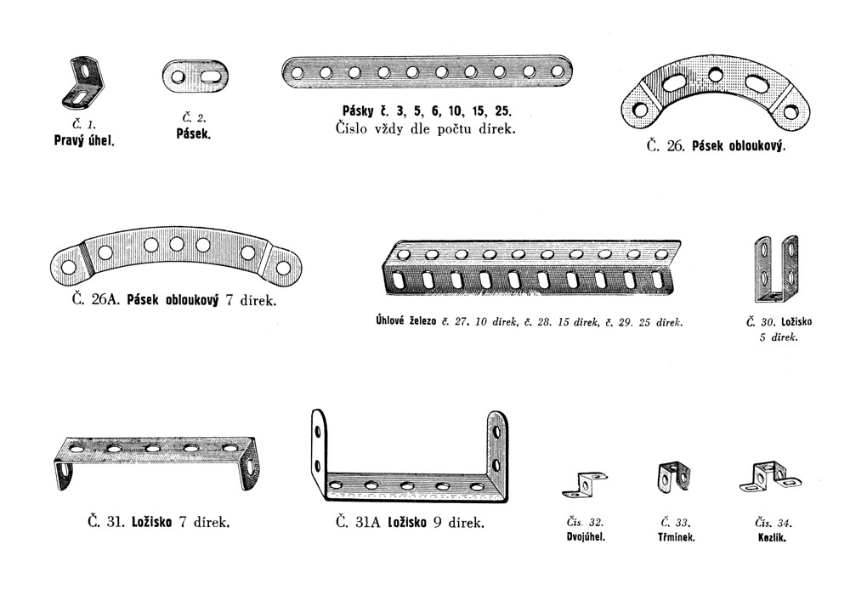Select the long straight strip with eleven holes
[x=426, y=72]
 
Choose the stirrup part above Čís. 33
[x=672, y=476]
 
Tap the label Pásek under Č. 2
[x=193, y=134]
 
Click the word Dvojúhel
[x=585, y=538]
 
